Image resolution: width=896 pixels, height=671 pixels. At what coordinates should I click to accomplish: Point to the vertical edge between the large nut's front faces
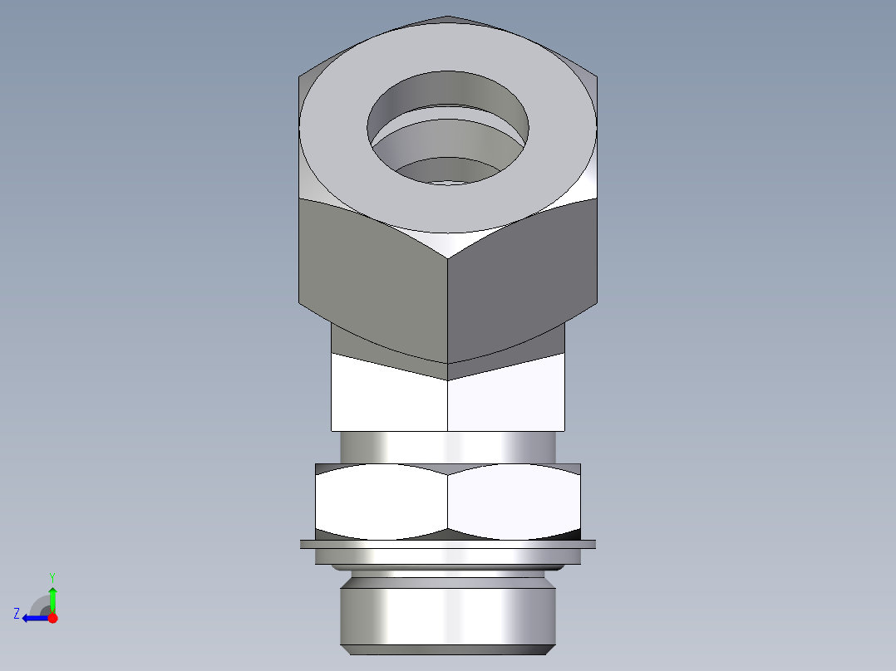(x=448, y=307)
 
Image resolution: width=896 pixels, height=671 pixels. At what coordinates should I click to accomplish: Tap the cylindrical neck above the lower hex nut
(x=447, y=447)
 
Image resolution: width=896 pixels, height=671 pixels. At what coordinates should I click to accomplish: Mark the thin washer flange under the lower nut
(x=447, y=545)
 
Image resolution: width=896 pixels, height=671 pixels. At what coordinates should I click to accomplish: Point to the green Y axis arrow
(x=52, y=598)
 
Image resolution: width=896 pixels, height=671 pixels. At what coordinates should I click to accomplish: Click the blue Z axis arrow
(x=33, y=618)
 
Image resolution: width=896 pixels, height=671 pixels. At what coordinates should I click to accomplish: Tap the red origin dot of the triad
(x=52, y=618)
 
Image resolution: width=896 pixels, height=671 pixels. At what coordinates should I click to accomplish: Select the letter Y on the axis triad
(x=52, y=576)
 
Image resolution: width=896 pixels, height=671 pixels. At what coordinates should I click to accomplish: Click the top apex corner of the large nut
(x=447, y=16)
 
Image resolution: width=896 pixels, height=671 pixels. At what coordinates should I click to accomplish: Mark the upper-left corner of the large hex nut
(x=299, y=79)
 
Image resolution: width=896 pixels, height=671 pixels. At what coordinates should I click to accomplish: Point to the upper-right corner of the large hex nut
(x=597, y=79)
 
